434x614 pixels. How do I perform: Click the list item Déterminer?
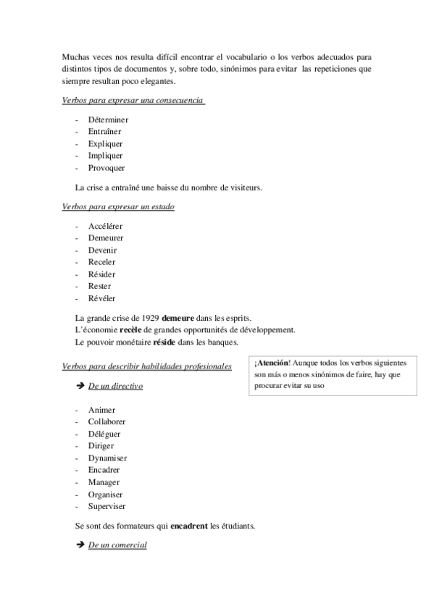pyautogui.click(x=108, y=119)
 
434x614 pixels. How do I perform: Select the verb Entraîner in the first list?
pyautogui.click(x=104, y=131)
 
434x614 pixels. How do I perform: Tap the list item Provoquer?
pyautogui.click(x=107, y=167)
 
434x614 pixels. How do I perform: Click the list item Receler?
pyautogui.click(x=102, y=262)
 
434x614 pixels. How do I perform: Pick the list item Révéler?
pyautogui.click(x=102, y=298)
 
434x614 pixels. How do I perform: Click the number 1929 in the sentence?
pyautogui.click(x=150, y=318)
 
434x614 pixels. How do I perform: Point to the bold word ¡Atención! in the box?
pyautogui.click(x=272, y=362)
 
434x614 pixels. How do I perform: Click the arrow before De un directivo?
pyautogui.click(x=79, y=386)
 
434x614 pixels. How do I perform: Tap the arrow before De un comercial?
pyautogui.click(x=79, y=544)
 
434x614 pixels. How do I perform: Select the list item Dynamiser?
pyautogui.click(x=107, y=458)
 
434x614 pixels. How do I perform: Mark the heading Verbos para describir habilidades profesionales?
pyautogui.click(x=147, y=366)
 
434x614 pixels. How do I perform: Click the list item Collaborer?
pyautogui.click(x=107, y=421)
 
